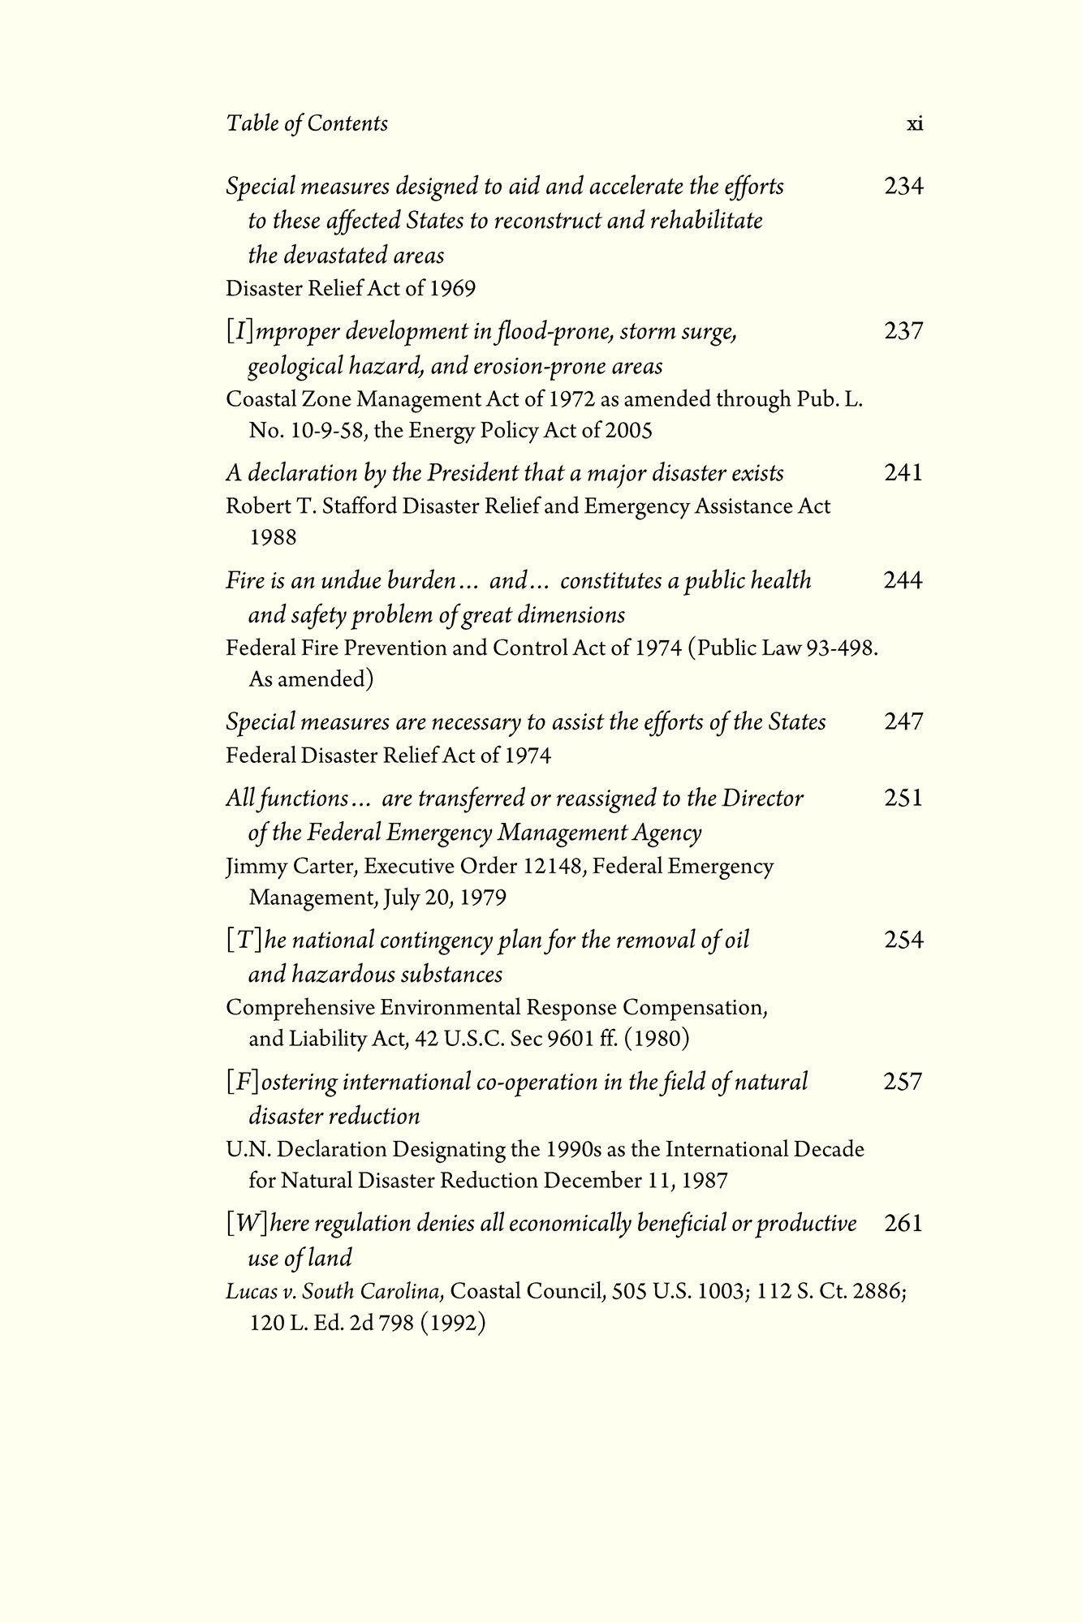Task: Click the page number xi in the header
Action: point(914,124)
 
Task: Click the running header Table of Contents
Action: point(307,123)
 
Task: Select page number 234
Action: point(903,187)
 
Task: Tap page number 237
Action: point(903,331)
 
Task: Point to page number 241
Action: point(903,472)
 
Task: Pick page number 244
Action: point(903,580)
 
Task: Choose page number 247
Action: point(903,721)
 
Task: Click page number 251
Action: point(903,798)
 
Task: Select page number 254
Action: point(903,940)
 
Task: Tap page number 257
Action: point(903,1081)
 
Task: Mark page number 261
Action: point(903,1223)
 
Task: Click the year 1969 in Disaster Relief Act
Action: point(453,289)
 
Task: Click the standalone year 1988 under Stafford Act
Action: point(273,537)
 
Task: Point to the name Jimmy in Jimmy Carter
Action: point(250,867)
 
